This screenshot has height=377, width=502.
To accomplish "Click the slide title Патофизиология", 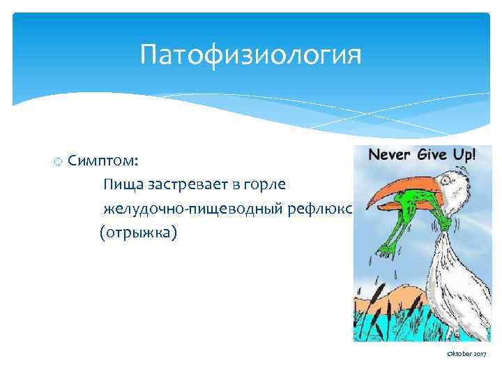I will (250, 54).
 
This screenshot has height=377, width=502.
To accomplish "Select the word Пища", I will (120, 184).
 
